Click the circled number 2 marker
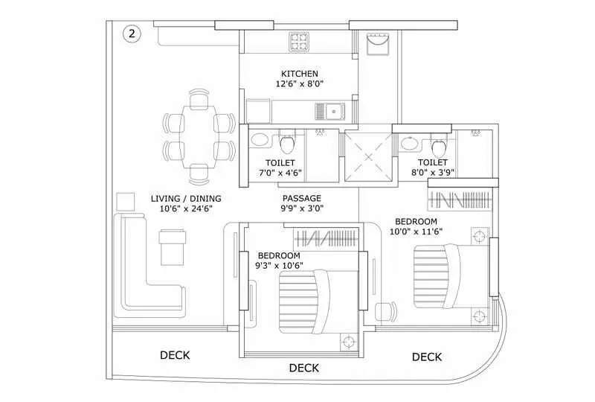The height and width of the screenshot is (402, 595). click(x=132, y=33)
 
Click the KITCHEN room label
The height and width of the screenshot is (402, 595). click(x=300, y=74)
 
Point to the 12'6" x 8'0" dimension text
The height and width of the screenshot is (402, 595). click(x=300, y=85)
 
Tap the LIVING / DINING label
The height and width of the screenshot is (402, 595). click(x=186, y=199)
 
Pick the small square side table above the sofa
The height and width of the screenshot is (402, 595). click(x=126, y=201)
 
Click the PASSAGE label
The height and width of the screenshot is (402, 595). click(x=301, y=199)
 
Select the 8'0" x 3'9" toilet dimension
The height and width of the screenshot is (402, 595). click(x=432, y=173)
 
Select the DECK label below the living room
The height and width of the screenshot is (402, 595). click(x=175, y=355)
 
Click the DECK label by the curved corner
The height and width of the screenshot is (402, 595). click(x=427, y=357)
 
